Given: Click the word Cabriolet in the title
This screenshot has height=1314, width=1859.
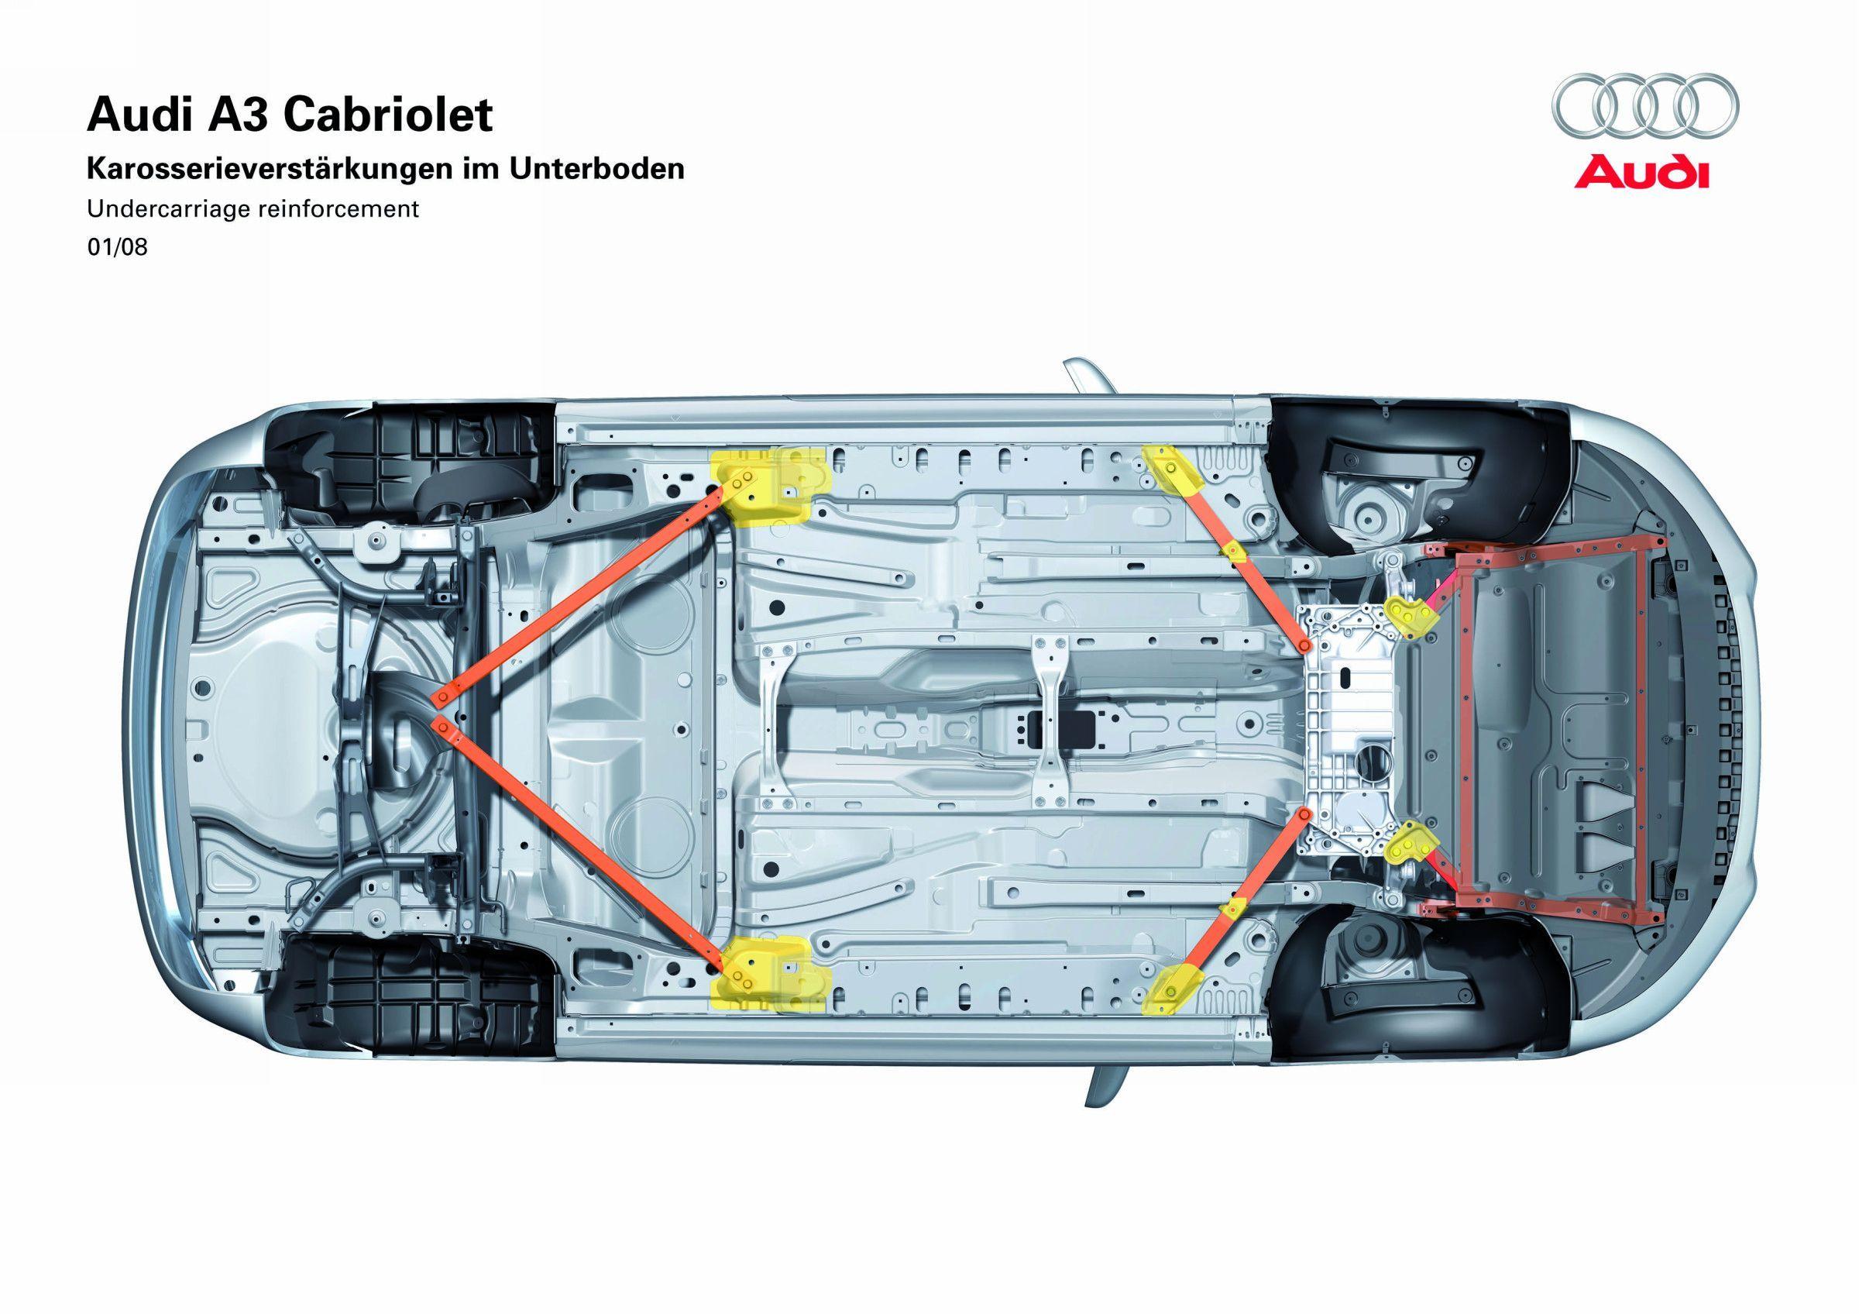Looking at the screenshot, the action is pyautogui.click(x=388, y=115).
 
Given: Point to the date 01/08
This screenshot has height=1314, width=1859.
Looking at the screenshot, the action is pyautogui.click(x=118, y=247).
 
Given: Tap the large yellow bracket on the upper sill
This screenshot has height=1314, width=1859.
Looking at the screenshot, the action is pyautogui.click(x=769, y=487).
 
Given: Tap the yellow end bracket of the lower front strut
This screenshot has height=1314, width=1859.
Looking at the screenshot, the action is pyautogui.click(x=1170, y=989).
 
